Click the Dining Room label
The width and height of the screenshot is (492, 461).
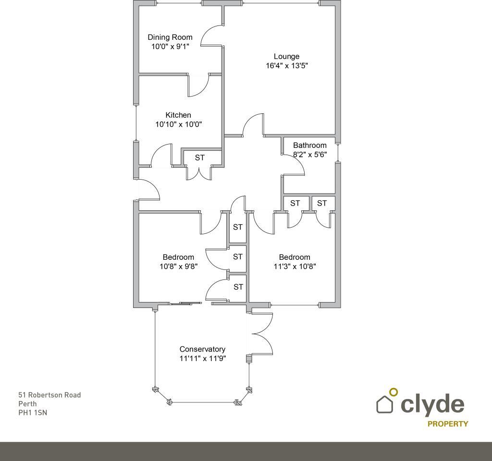[170, 37]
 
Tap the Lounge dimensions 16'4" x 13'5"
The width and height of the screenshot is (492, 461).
[287, 66]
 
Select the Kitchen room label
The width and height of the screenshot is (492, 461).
[178, 115]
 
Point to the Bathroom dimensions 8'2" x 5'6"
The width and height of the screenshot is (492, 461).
[310, 154]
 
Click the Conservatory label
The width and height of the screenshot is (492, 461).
[202, 350]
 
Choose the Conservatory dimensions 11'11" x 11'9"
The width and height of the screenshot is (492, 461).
[203, 358]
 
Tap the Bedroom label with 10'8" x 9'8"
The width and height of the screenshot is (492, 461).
[178, 257]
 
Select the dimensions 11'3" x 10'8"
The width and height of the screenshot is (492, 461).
[295, 267]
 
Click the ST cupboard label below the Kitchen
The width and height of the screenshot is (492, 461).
[200, 158]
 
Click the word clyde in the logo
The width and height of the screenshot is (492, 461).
[433, 404]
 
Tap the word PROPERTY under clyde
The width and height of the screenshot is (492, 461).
[448, 424]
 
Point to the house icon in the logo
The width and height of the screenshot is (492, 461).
[385, 404]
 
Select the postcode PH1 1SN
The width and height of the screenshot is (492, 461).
[33, 412]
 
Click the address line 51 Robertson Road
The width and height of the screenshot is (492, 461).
[49, 395]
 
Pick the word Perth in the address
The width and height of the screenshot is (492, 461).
[27, 404]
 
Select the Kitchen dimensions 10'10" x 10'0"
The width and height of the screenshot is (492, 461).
[179, 124]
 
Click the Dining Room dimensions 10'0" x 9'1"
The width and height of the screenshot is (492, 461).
[170, 47]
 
